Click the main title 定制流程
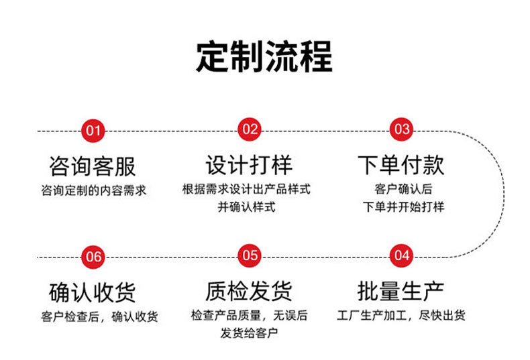tap(264, 57)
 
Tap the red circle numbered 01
tap(93, 129)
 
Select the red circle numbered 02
tap(250, 129)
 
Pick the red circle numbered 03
tap(401, 129)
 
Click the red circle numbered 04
tap(401, 255)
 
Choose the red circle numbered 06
tap(93, 256)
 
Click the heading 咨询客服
tap(93, 165)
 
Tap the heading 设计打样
tap(249, 165)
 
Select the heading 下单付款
tap(401, 165)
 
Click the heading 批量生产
tap(401, 292)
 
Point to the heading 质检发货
tap(249, 292)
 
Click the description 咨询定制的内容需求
tap(93, 190)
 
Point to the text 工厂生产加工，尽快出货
tap(401, 315)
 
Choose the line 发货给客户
tap(249, 333)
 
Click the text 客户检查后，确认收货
tap(99, 316)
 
